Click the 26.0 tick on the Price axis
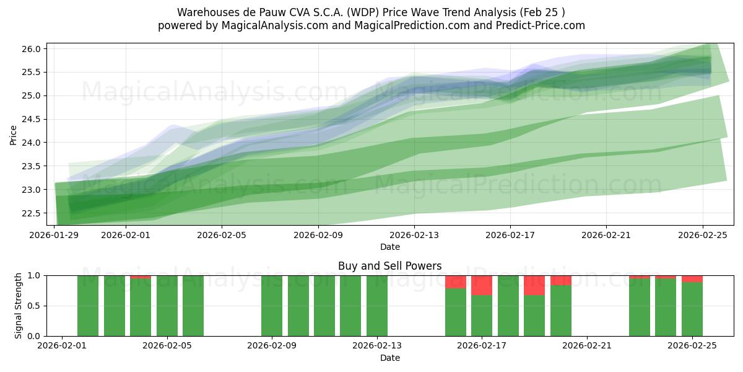pyautogui.click(x=33, y=49)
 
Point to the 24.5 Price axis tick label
pyautogui.click(x=33, y=120)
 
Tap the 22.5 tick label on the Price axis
pyautogui.click(x=33, y=213)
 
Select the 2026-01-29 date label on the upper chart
pyautogui.click(x=55, y=235)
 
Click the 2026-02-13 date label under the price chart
pyautogui.click(x=414, y=235)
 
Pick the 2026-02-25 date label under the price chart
pyautogui.click(x=703, y=235)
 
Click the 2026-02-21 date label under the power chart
pyautogui.click(x=586, y=346)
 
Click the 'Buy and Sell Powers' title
pyautogui.click(x=389, y=266)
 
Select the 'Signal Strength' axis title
pyautogui.click(x=19, y=306)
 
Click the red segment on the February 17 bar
pyautogui.click(x=482, y=285)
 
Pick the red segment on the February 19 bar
pyautogui.click(x=534, y=285)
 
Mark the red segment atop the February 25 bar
pyautogui.click(x=692, y=279)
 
